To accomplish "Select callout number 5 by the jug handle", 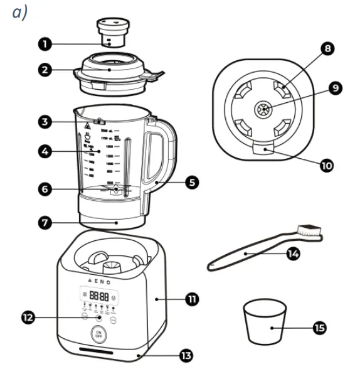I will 192,183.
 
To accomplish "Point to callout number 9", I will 337,88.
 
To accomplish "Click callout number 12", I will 26,318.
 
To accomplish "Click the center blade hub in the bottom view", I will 263,110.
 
